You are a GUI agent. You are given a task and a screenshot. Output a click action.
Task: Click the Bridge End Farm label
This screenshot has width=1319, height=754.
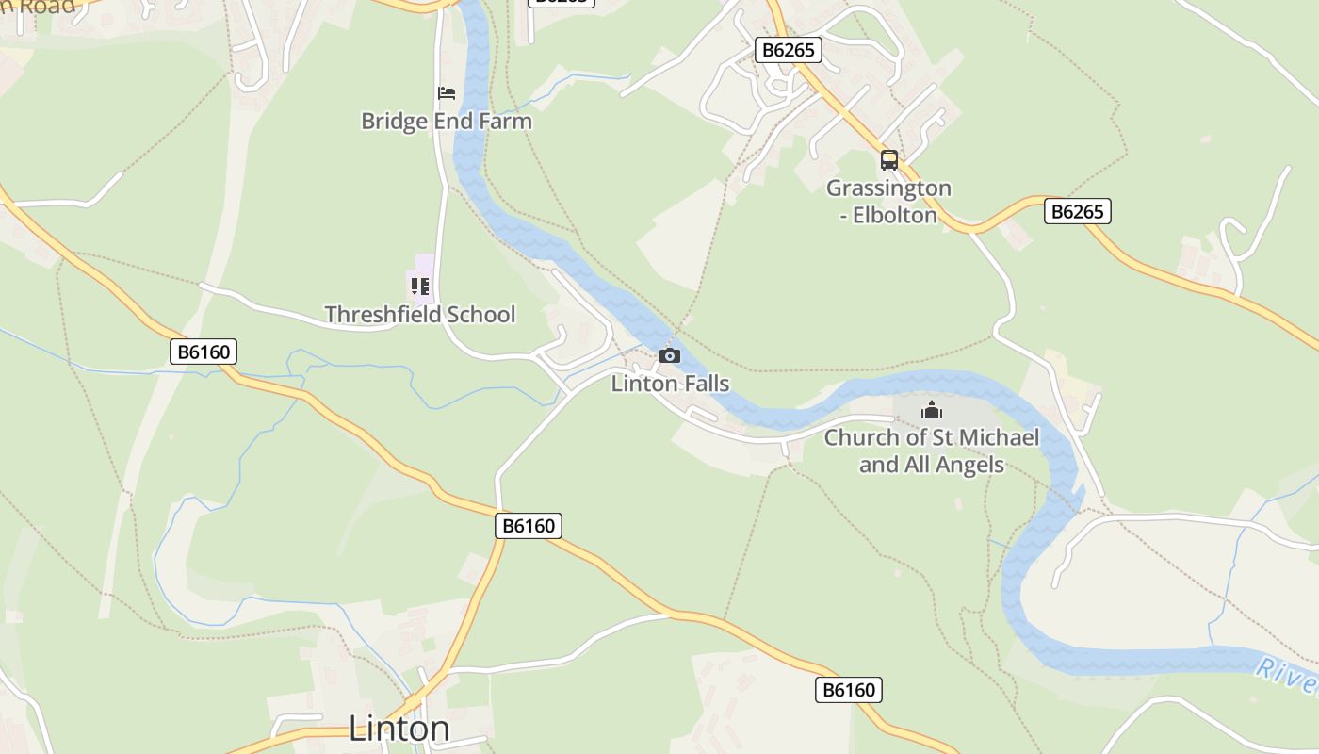pos(447,122)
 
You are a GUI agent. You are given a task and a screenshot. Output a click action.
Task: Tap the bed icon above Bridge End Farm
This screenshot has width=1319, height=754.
pos(447,93)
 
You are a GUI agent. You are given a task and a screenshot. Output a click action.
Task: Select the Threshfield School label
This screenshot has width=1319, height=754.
pos(420,315)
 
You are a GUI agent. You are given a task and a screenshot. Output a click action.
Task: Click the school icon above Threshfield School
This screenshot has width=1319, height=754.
pos(420,287)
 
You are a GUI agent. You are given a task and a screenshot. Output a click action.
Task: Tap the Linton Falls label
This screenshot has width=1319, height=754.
pos(670,384)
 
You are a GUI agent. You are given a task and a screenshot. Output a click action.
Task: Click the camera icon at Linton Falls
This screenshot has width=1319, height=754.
pos(670,355)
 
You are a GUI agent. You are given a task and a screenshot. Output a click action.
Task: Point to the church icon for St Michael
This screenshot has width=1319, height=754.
pos(932,410)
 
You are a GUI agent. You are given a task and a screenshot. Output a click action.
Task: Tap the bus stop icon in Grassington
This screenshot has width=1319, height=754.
pos(889,160)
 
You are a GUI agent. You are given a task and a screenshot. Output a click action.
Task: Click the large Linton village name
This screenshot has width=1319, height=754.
pos(399,729)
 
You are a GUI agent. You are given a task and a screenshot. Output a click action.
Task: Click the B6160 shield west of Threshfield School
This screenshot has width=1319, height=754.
pos(204,352)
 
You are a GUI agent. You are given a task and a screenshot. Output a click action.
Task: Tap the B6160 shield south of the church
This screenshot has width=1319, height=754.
pos(848,690)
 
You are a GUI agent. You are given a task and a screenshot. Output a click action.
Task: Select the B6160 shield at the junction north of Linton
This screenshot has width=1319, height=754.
pos(529,526)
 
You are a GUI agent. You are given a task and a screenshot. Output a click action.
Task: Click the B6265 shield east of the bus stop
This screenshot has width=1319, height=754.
pos(1078,211)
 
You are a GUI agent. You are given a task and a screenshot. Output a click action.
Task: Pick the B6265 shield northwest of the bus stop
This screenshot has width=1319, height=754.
pos(789,50)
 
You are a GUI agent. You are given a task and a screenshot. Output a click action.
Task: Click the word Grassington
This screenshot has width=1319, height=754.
pos(889,188)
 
